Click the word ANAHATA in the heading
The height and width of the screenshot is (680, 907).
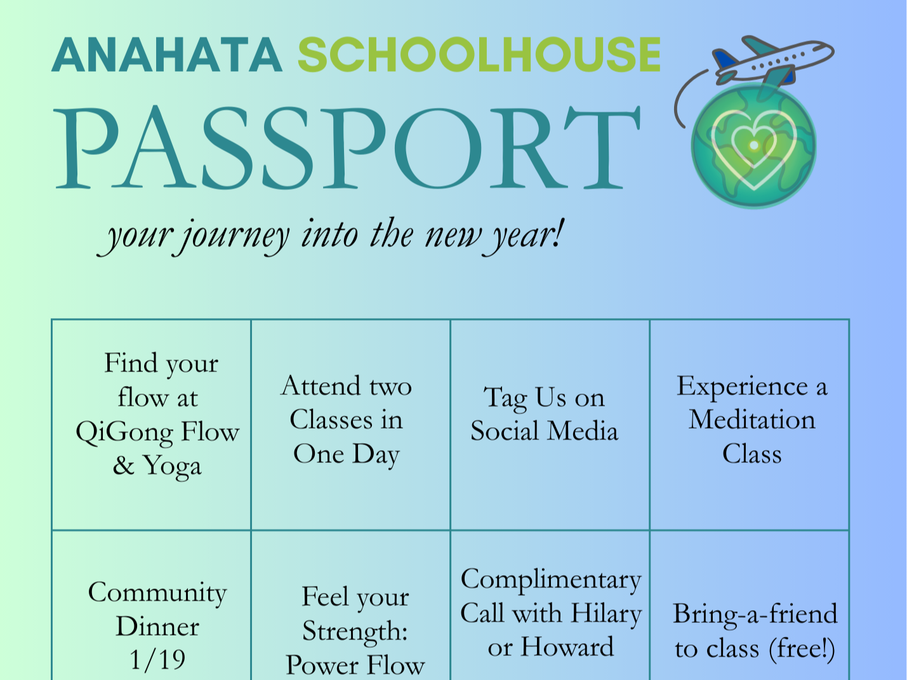(166, 55)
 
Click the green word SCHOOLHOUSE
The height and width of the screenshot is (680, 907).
(479, 55)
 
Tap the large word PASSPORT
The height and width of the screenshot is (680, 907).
(347, 149)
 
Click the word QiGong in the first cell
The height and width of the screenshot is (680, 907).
(124, 433)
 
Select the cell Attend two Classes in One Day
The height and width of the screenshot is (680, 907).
(347, 420)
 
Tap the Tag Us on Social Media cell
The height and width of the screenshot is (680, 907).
(544, 415)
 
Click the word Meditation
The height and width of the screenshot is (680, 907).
(752, 420)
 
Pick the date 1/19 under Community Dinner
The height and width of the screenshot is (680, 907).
(157, 660)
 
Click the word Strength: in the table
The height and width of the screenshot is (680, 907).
(355, 632)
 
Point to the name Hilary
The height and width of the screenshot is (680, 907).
(606, 614)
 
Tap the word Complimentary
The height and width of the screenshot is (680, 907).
(551, 580)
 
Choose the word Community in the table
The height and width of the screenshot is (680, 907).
(157, 593)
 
